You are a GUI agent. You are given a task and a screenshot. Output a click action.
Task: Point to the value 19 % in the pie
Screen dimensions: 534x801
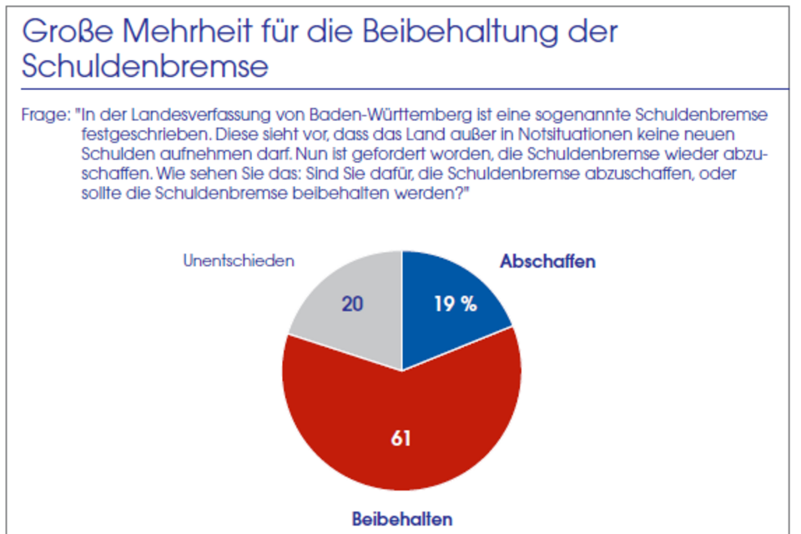455,305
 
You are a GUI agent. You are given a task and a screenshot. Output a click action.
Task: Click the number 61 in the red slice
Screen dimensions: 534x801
401,437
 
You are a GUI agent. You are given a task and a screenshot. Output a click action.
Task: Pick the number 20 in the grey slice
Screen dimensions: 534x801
352,305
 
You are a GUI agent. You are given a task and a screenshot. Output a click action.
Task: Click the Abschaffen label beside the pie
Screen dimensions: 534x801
547,261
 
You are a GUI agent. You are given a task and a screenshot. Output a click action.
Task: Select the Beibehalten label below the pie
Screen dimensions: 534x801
402,519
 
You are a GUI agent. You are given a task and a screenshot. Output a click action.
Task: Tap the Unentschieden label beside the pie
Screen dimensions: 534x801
239,260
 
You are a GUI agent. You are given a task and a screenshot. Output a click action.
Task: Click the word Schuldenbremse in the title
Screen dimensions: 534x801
145,67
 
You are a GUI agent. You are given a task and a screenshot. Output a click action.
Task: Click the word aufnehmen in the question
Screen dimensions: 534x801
184,154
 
